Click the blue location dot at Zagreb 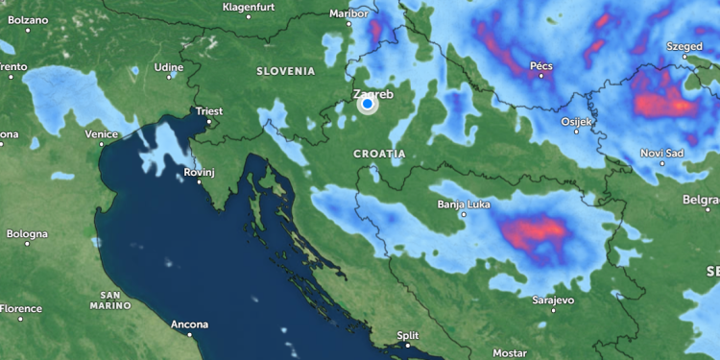[367, 105]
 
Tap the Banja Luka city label [464, 204]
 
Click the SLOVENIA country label [285, 71]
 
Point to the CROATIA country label [379, 154]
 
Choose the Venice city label [101, 134]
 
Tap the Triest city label [208, 111]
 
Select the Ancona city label [189, 324]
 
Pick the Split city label [408, 335]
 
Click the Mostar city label [510, 353]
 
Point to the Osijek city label [577, 122]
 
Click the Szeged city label [685, 45]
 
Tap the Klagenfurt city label [249, 7]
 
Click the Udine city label [168, 67]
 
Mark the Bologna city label [27, 234]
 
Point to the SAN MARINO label [110, 300]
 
